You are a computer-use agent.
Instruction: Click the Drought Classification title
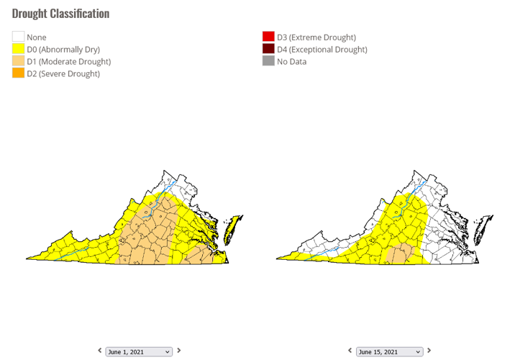(x=61, y=14)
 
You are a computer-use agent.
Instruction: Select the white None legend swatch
(x=18, y=37)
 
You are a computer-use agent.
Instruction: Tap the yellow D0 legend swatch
(x=18, y=49)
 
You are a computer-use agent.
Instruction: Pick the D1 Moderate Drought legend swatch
(x=18, y=61)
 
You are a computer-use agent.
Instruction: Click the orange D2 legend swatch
(x=18, y=73)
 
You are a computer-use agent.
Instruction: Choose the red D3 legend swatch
(x=268, y=37)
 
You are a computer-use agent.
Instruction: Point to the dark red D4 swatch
(x=268, y=49)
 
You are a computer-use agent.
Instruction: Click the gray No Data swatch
(x=268, y=61)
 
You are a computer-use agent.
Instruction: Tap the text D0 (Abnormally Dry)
(x=63, y=50)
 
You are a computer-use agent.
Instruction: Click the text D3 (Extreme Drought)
(x=317, y=37)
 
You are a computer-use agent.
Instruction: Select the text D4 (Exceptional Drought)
(x=322, y=50)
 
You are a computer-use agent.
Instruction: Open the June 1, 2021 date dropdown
(x=139, y=351)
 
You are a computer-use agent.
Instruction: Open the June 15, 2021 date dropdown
(x=389, y=351)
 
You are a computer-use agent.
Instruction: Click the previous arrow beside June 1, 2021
(x=100, y=351)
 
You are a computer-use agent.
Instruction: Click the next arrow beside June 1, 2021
(x=179, y=351)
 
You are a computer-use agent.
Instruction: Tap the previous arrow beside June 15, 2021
(x=350, y=351)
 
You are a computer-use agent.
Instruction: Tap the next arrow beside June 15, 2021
(x=429, y=351)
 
